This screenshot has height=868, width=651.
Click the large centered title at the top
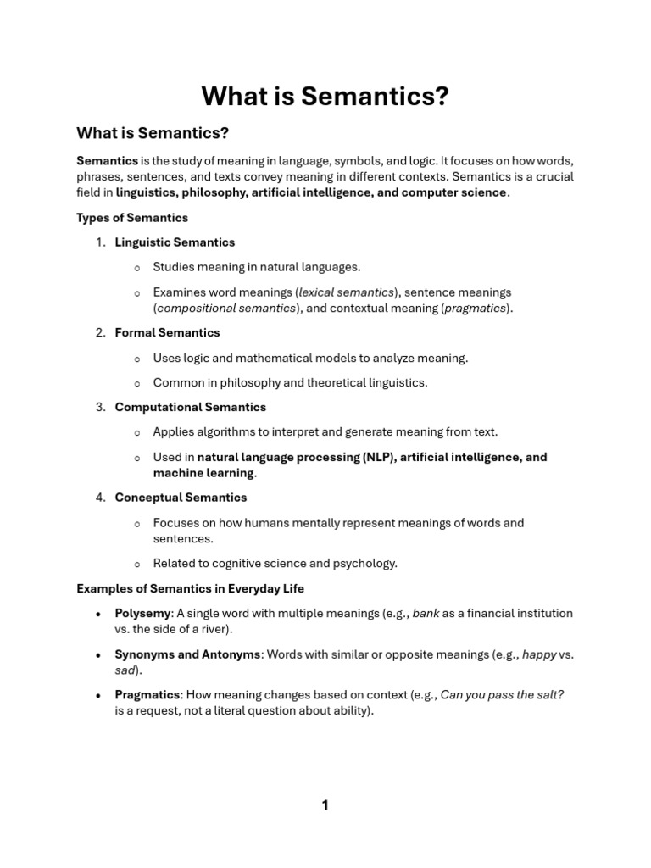(325, 97)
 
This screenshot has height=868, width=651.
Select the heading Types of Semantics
(132, 218)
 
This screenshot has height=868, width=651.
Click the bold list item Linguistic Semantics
(175, 242)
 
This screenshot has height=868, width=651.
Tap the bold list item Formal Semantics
(167, 333)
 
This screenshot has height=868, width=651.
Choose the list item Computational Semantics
(190, 408)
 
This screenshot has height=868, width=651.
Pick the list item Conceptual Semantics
(181, 498)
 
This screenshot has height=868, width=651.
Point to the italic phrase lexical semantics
(347, 292)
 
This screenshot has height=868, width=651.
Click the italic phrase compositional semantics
(226, 309)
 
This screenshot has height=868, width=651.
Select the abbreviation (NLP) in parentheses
(379, 457)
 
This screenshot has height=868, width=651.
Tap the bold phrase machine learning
(203, 473)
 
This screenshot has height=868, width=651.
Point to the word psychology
(367, 564)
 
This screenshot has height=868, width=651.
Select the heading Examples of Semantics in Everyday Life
(190, 588)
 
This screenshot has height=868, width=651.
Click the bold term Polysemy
(142, 613)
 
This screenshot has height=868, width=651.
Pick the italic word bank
(426, 613)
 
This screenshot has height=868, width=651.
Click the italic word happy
(539, 654)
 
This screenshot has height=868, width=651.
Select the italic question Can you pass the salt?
(502, 695)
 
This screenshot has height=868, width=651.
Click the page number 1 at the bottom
(325, 805)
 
